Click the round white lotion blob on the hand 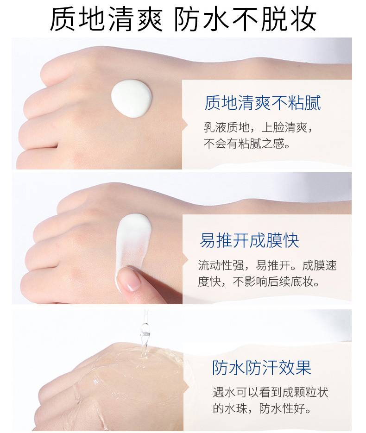[132, 98]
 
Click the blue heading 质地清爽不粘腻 [262, 103]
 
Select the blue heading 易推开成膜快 [249, 240]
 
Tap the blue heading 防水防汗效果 [262, 368]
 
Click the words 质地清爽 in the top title [106, 19]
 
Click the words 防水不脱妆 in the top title [245, 19]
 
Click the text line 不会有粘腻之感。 [246, 144]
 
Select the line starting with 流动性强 [267, 265]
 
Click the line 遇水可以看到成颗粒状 [271, 392]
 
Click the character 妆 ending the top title [303, 19]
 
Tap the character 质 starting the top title [63, 19]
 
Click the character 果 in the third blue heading [303, 368]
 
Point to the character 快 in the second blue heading [291, 240]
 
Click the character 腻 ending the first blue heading [313, 103]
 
